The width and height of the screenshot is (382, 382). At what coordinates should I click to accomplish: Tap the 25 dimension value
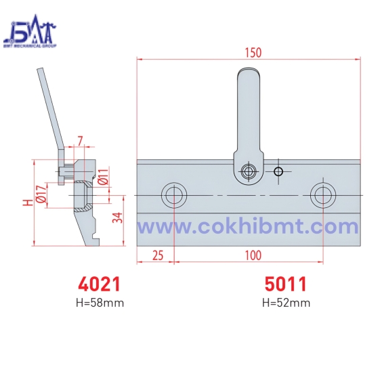click(x=157, y=255)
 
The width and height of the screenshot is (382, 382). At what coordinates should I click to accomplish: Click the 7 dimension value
click(x=80, y=141)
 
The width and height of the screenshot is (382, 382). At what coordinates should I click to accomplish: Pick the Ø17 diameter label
click(x=40, y=194)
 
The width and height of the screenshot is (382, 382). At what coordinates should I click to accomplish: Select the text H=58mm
click(x=100, y=303)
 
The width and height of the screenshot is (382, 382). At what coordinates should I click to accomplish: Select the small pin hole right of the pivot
click(x=278, y=171)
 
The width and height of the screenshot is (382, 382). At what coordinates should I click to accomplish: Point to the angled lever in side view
click(x=49, y=108)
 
